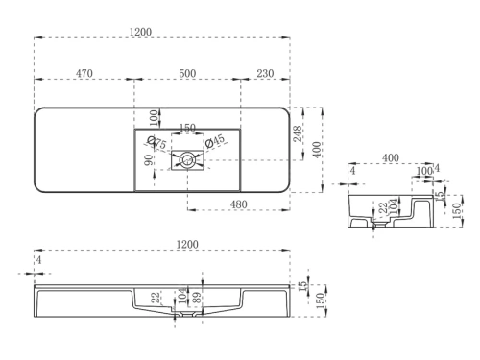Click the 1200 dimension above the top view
[x=141, y=32]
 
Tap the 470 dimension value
[x=84, y=72]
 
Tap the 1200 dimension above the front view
[x=187, y=245]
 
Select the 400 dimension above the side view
[x=391, y=157]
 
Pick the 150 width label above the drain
[x=188, y=129]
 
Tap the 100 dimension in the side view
[x=423, y=171]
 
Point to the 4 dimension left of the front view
[x=38, y=259]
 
